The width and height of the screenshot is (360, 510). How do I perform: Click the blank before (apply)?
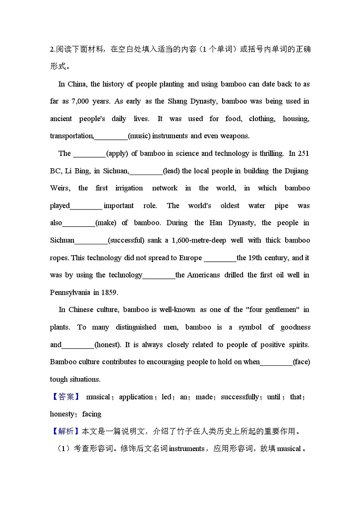(x=89, y=153)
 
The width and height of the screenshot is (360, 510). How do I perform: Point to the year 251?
(x=303, y=153)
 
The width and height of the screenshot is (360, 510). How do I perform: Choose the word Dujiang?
(x=297, y=171)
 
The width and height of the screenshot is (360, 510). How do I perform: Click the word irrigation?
(x=129, y=188)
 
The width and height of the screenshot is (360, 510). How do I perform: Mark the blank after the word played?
(x=86, y=206)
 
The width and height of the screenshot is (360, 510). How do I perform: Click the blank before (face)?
(x=276, y=362)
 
